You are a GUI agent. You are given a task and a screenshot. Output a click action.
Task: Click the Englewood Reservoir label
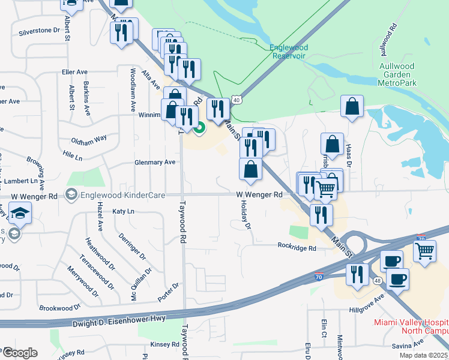(288, 51)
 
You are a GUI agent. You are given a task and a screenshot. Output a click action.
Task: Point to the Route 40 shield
(237, 100)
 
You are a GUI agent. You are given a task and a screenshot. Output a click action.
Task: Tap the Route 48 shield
(376, 280)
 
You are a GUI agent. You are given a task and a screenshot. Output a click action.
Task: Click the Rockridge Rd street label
(297, 247)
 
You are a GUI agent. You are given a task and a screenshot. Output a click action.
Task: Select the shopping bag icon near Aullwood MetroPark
(352, 106)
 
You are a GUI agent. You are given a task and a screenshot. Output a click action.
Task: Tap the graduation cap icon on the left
(20, 212)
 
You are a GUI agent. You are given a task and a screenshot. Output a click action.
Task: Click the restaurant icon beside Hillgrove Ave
(357, 274)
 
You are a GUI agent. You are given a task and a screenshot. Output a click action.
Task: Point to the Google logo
(20, 353)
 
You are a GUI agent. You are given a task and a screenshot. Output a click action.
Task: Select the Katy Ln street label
(123, 211)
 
